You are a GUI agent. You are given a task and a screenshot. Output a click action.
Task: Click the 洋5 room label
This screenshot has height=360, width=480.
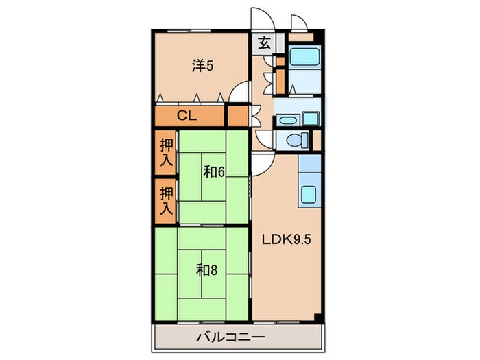click(202, 66)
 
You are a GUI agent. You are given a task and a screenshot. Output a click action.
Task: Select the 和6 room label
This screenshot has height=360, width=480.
click(214, 172)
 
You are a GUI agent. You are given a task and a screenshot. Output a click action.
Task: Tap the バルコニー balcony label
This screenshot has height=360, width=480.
click(230, 337)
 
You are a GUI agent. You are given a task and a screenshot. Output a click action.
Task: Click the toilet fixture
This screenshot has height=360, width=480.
click(295, 141)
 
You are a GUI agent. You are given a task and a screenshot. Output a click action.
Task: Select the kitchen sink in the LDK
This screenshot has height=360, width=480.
click(309, 195)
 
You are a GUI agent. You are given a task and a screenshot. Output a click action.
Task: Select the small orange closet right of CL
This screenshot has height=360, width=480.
click(237, 115)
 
